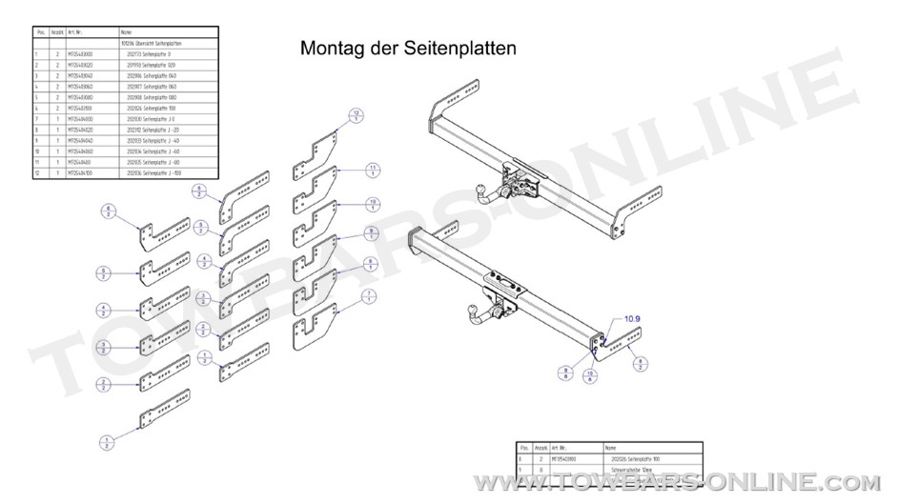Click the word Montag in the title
329,48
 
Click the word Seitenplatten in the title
461,48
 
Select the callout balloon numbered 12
357,115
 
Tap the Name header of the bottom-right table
611,447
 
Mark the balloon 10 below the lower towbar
590,376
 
